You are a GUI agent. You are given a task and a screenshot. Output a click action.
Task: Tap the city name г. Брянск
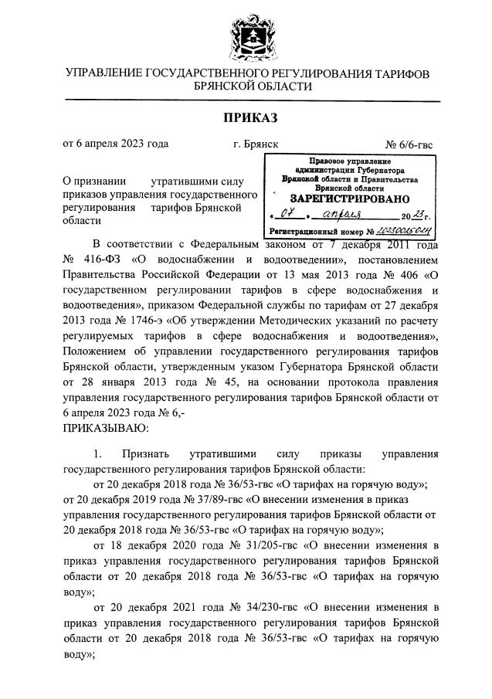click(x=256, y=144)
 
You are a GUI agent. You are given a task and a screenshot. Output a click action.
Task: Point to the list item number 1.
click(x=98, y=454)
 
